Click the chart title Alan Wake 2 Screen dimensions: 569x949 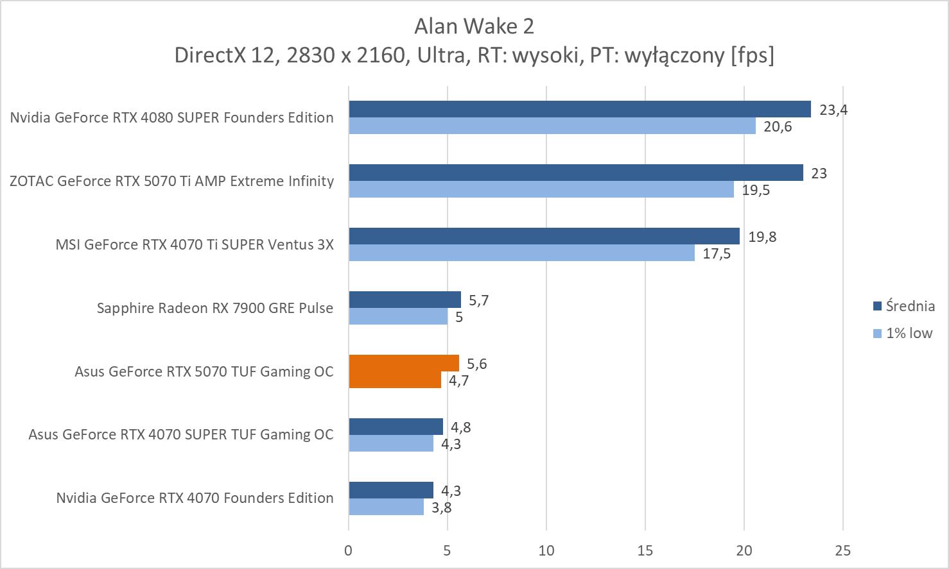click(x=474, y=26)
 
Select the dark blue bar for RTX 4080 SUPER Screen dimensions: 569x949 click(x=579, y=109)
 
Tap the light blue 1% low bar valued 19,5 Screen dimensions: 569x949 click(x=541, y=189)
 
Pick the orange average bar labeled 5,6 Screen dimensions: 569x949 click(x=404, y=363)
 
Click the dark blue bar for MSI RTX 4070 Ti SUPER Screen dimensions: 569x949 click(x=544, y=236)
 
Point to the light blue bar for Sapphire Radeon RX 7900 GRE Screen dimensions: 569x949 click(x=398, y=316)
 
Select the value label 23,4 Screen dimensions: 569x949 click(x=833, y=110)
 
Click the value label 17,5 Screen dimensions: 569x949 click(x=717, y=253)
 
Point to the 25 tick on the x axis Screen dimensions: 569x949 click(x=843, y=550)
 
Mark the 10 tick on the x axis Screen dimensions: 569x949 click(x=546, y=550)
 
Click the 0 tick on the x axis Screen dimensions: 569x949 click(x=349, y=550)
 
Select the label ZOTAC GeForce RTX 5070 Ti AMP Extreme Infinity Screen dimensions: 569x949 click(x=172, y=181)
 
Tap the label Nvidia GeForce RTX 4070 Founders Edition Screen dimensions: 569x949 click(x=195, y=498)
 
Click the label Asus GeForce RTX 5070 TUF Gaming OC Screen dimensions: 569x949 click(x=204, y=371)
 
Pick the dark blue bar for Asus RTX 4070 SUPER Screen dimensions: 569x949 click(x=396, y=427)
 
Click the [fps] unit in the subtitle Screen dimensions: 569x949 click(x=752, y=55)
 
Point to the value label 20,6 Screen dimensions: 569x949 click(x=778, y=126)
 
